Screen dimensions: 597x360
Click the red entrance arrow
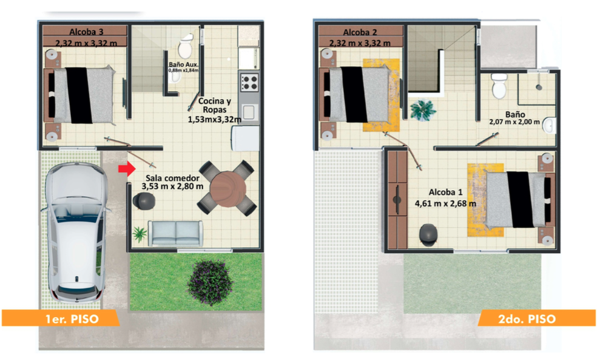click(127, 169)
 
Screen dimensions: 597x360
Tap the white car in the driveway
click(76, 233)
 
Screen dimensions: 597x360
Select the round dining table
click(228, 189)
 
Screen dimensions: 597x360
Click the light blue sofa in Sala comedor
click(175, 233)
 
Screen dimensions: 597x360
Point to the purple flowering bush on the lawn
click(210, 283)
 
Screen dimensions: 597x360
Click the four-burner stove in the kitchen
click(249, 83)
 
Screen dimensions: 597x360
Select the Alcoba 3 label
click(86, 32)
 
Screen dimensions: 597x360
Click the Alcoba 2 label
click(360, 32)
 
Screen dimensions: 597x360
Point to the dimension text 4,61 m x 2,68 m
click(445, 203)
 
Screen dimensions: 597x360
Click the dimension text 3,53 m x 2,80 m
click(172, 186)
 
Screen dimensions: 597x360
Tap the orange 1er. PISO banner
click(61, 318)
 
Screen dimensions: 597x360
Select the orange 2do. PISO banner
click(537, 318)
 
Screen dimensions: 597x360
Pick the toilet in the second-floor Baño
click(499, 86)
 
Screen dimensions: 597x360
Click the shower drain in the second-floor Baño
click(539, 87)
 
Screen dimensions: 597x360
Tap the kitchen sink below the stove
click(249, 112)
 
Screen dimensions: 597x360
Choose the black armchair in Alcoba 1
click(428, 234)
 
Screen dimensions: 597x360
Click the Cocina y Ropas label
click(215, 105)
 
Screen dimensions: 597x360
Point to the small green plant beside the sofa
click(140, 234)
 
